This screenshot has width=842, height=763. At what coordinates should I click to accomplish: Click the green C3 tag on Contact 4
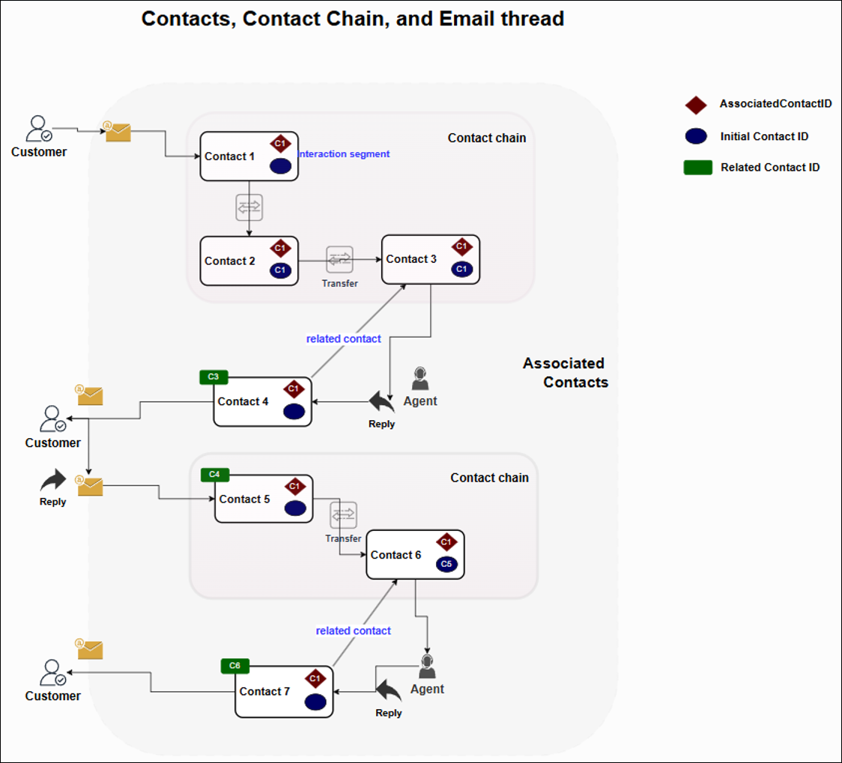pyautogui.click(x=213, y=377)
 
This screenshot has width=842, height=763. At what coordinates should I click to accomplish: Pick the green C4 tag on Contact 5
pyautogui.click(x=215, y=475)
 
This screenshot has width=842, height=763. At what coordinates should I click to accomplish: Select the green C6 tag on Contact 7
pyautogui.click(x=235, y=666)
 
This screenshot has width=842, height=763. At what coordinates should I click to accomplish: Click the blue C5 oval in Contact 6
pyautogui.click(x=447, y=564)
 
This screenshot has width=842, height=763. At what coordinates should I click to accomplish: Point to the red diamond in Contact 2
pyautogui.click(x=280, y=248)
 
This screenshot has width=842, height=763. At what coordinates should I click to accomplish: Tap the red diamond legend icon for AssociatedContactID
pyautogui.click(x=696, y=105)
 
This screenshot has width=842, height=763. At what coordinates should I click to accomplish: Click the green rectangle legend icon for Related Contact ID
pyautogui.click(x=697, y=168)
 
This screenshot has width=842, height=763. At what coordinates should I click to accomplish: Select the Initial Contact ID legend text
pyautogui.click(x=764, y=136)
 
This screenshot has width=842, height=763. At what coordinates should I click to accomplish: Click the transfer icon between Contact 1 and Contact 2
pyautogui.click(x=249, y=207)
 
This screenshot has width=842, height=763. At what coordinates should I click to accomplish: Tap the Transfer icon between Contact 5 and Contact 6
pyautogui.click(x=343, y=515)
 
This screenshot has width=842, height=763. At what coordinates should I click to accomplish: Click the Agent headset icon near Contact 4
pyautogui.click(x=420, y=378)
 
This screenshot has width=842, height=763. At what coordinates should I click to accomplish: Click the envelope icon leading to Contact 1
pyautogui.click(x=118, y=133)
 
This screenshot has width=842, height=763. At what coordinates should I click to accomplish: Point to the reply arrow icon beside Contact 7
pyautogui.click(x=388, y=690)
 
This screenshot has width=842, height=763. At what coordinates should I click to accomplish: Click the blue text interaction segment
pyautogui.click(x=344, y=153)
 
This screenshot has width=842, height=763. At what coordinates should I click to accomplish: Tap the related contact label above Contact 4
pyautogui.click(x=343, y=338)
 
